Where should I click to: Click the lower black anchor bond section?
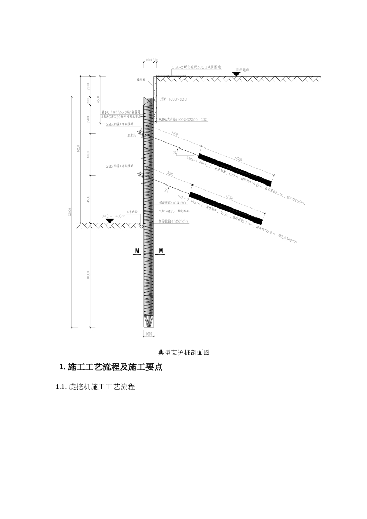click(226, 207)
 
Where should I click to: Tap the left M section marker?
click(137, 251)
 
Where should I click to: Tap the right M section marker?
click(161, 251)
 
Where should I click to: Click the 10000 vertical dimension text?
click(88, 276)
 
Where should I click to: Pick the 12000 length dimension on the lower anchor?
click(229, 197)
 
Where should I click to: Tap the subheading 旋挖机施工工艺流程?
click(95, 387)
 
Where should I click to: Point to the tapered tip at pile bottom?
click(149, 321)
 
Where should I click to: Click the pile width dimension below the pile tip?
click(149, 334)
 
